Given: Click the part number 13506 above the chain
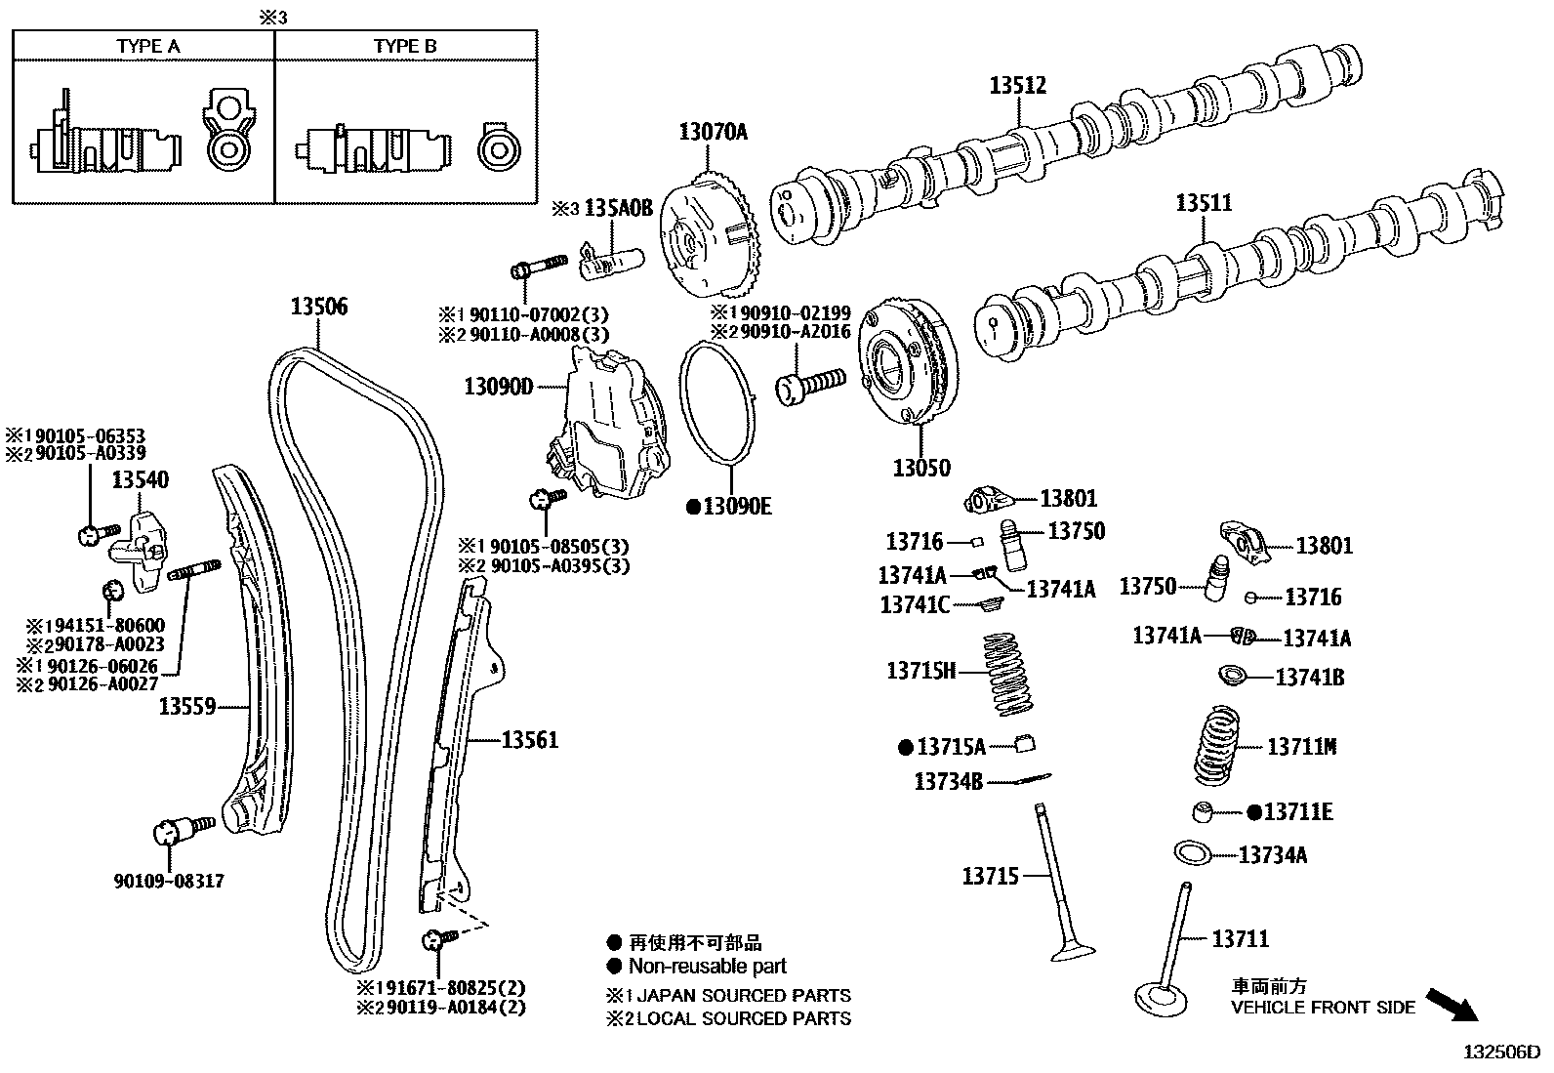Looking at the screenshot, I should (318, 307).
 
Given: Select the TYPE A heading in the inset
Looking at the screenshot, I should (148, 46).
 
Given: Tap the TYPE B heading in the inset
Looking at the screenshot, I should (405, 46).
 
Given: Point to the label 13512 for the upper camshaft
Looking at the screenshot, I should (1017, 85).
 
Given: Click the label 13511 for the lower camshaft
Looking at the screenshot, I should (1204, 203).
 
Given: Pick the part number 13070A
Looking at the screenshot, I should (713, 131).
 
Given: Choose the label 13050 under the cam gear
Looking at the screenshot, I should (920, 468).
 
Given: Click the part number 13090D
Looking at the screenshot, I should (498, 387).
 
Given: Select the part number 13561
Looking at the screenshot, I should (530, 740).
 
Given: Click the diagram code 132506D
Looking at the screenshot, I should (1499, 1052).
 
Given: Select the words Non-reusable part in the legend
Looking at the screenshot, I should (708, 967).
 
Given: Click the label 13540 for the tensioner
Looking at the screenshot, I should (140, 479).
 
